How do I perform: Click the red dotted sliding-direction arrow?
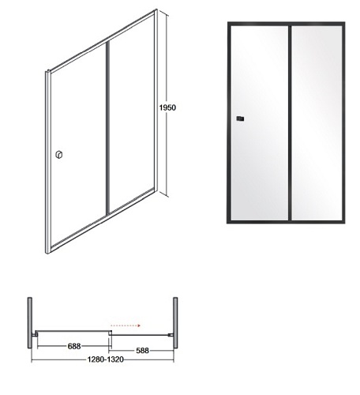pos(126,323)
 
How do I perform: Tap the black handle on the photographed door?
pos(240,119)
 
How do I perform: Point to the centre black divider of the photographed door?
pos(289,126)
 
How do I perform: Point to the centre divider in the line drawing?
pos(107,134)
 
